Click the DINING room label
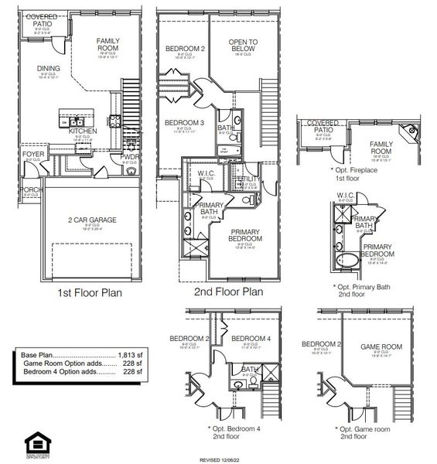click(48, 68)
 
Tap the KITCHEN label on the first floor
click(83, 131)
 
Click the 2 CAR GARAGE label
click(91, 220)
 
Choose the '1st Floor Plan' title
click(90, 294)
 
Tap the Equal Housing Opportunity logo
click(36, 445)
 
